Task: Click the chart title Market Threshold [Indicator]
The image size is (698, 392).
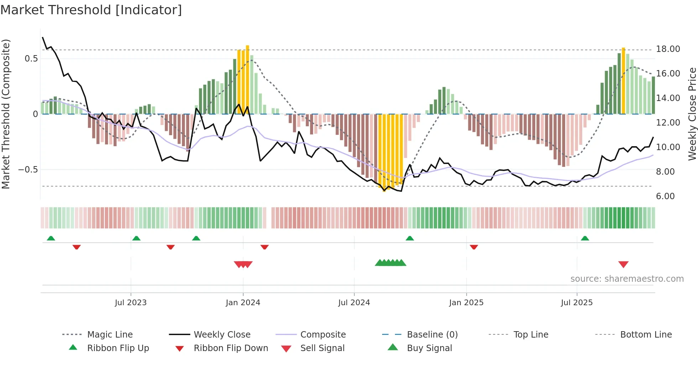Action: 91,10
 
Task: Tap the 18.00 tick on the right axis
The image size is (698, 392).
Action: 668,49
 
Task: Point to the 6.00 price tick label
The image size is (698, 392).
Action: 665,196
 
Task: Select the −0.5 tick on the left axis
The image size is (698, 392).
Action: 28,170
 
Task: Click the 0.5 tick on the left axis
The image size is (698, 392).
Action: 31,59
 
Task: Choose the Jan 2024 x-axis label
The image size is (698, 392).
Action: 243,303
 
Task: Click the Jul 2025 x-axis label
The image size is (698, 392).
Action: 577,303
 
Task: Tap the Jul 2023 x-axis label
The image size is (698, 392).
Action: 131,303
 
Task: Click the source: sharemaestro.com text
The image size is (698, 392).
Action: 627,279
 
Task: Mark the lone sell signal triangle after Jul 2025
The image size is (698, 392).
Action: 623,264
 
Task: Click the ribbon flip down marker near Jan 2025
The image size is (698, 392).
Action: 474,247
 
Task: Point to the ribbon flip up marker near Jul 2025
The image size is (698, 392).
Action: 585,238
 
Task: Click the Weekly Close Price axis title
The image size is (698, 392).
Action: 692,114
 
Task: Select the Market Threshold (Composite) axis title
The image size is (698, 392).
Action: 6,114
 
